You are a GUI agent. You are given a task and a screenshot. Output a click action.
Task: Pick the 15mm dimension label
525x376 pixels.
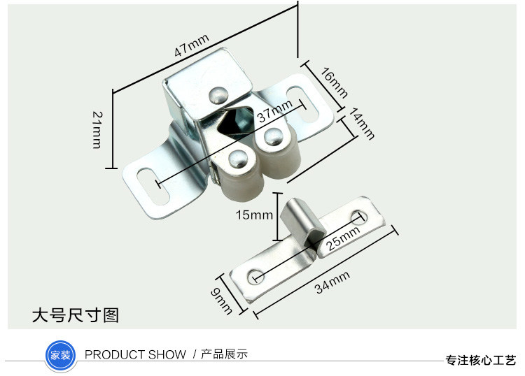tap(254, 215)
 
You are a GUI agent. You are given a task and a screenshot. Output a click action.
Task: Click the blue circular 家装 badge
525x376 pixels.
tap(59, 354)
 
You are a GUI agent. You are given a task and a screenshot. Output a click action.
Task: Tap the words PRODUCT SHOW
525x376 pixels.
tap(135, 355)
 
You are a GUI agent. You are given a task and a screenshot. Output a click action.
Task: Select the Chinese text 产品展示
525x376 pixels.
tap(224, 355)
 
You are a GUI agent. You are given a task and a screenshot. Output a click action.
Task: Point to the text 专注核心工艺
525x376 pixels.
tap(481, 361)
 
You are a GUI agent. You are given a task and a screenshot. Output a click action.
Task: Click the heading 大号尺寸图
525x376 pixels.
tap(75, 315)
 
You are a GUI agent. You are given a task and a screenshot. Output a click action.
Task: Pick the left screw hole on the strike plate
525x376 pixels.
tap(257, 273)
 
